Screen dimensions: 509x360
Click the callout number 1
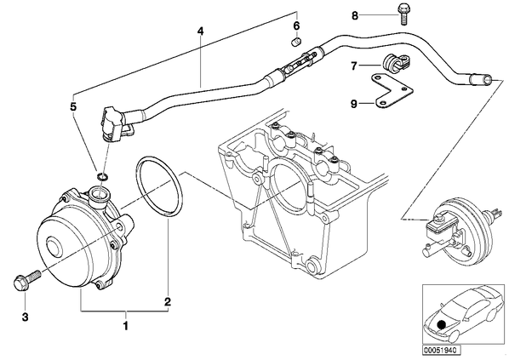(125, 325)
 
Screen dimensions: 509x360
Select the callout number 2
(167, 302)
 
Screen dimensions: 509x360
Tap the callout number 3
(25, 317)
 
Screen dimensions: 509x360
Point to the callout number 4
(200, 31)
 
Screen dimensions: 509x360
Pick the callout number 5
(73, 106)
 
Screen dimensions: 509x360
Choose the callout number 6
(296, 26)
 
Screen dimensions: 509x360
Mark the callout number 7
(354, 66)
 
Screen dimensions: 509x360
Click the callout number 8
(355, 15)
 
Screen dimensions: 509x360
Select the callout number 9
(354, 104)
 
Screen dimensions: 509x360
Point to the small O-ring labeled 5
(102, 177)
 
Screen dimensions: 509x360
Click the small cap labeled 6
(296, 43)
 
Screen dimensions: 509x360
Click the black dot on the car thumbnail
(441, 324)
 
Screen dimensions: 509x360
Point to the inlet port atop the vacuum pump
(100, 197)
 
